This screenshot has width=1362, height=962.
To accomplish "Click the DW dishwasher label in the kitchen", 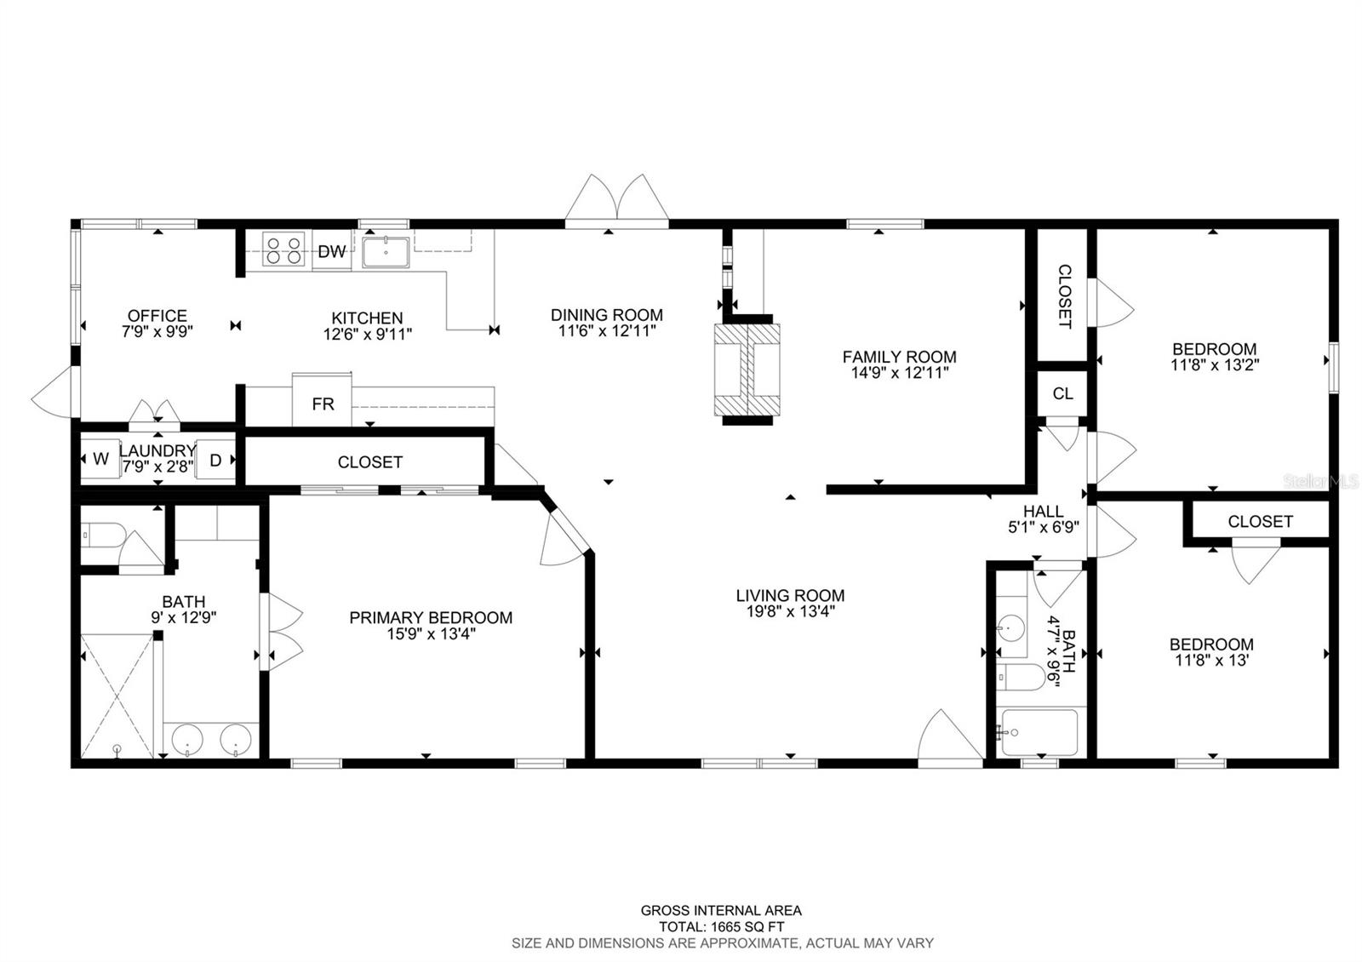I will tap(332, 251).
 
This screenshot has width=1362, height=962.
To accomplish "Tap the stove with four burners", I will tap(283, 249).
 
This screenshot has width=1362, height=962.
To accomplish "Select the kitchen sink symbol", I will tap(386, 252).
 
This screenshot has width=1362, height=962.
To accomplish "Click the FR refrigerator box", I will tap(322, 404).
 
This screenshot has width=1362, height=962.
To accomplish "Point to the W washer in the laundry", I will tap(100, 460).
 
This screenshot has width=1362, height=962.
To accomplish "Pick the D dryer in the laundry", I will tap(215, 460).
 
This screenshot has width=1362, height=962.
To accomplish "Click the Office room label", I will tap(157, 316).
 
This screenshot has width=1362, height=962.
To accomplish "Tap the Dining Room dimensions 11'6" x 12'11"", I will tap(606, 331).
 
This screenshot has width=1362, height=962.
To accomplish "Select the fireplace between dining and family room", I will tap(746, 372).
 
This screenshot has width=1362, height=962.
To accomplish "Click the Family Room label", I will tap(899, 357).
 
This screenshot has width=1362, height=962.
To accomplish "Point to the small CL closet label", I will tap(1062, 393).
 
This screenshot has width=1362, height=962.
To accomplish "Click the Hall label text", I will tap(1043, 511).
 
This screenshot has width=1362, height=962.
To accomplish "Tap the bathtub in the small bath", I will tap(1039, 732).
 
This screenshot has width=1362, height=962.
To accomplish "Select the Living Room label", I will tap(790, 595).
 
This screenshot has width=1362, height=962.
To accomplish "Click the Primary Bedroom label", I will tap(431, 617).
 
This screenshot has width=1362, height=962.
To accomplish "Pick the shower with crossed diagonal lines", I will tap(117, 694).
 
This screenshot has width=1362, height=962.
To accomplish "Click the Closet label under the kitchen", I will tap(369, 462).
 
